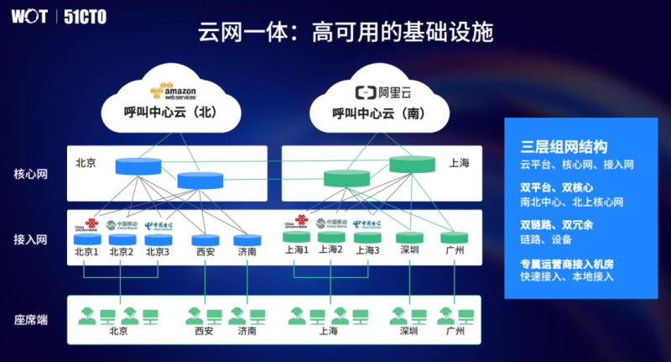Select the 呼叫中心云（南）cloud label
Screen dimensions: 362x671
(x=382, y=113)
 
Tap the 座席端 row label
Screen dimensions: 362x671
(x=30, y=319)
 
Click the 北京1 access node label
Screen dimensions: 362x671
(x=86, y=251)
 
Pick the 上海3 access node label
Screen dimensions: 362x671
(x=367, y=250)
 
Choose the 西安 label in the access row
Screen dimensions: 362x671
(x=205, y=251)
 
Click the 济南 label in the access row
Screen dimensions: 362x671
(x=247, y=251)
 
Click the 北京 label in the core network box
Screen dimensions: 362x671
(x=86, y=163)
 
